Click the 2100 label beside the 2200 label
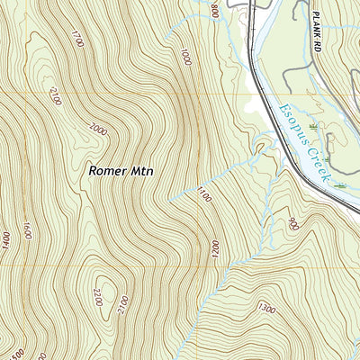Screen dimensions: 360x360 (123, 306)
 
